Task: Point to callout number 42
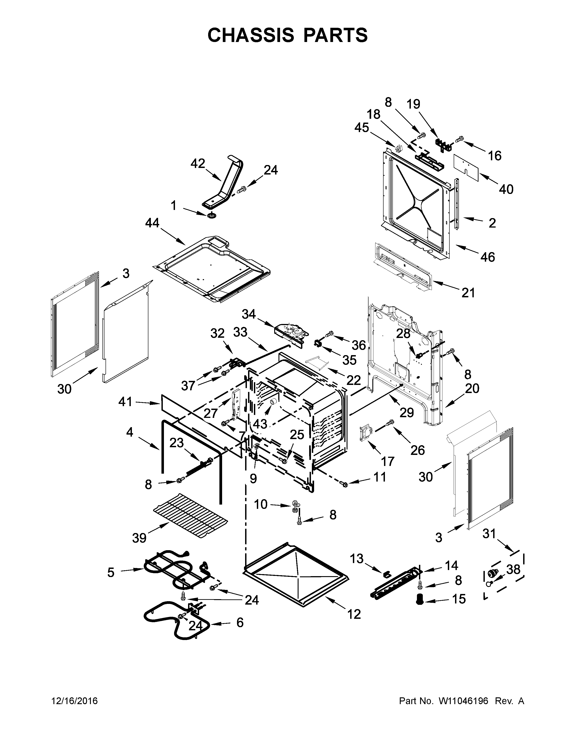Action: [x=198, y=163]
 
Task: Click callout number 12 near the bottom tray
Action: [x=354, y=614]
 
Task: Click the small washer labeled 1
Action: [x=213, y=216]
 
